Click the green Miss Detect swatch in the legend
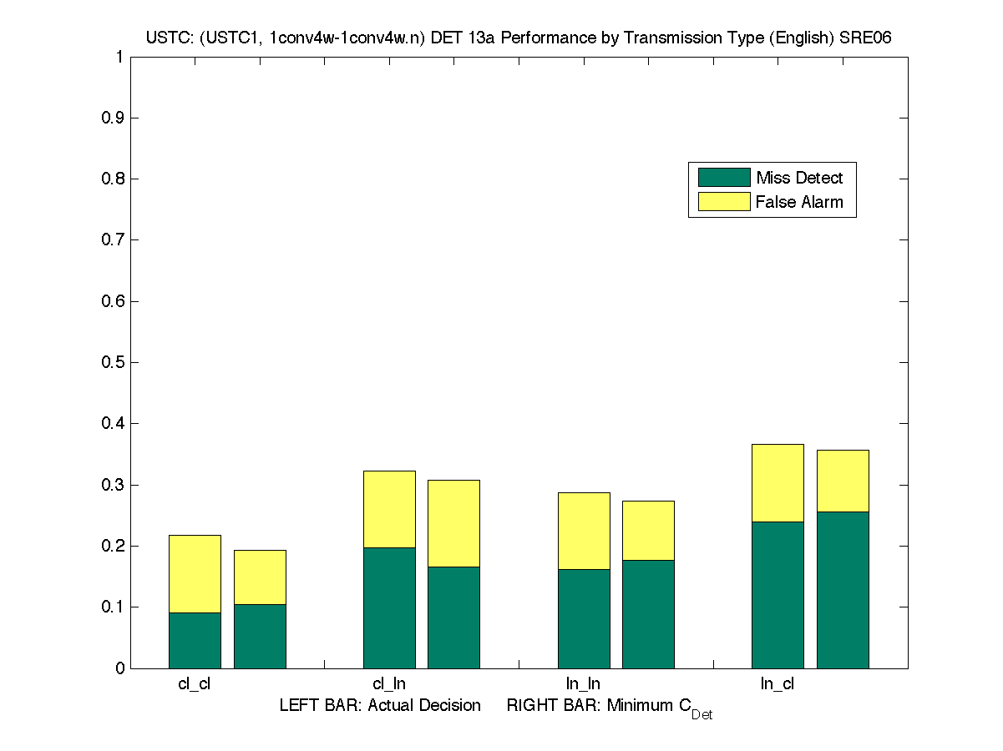point(724,177)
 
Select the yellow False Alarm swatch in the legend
point(724,201)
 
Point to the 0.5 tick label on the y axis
point(113,362)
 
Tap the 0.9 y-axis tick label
point(113,118)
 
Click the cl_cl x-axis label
point(195,684)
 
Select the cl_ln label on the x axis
point(389,684)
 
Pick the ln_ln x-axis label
point(583,684)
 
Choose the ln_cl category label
point(778,684)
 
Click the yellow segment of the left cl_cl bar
point(195,573)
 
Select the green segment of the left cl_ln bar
point(389,607)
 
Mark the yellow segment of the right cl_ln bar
point(454,523)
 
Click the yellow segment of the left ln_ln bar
point(584,531)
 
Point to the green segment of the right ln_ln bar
point(648,614)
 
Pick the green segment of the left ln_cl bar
point(778,594)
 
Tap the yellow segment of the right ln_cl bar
point(843,481)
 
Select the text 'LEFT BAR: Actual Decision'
point(380,705)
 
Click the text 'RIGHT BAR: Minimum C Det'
point(609,707)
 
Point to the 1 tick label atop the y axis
point(119,57)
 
